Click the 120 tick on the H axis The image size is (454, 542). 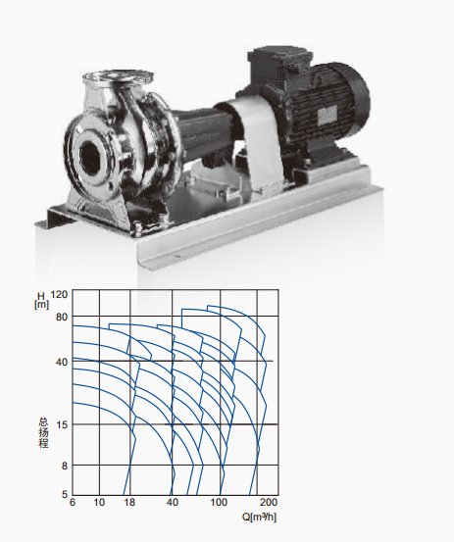pos(59,294)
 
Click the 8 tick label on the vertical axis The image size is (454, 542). pos(64,466)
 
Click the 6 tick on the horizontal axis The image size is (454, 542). pos(73,504)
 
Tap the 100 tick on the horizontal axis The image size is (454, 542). pos(221,504)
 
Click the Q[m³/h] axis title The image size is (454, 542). pos(259,517)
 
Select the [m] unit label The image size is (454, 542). pos(41,306)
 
